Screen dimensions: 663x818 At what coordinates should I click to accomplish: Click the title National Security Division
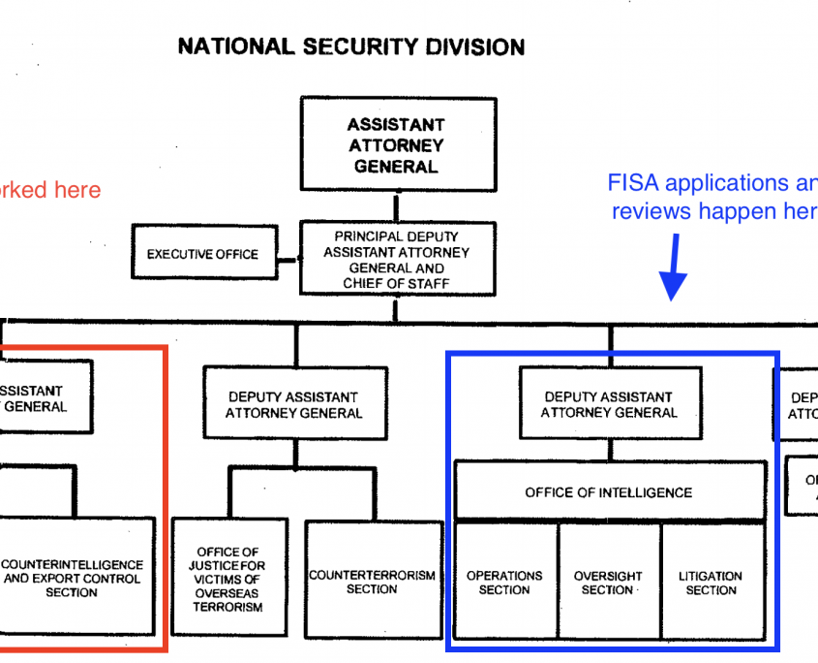click(351, 47)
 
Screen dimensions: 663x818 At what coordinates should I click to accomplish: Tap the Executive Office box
click(202, 255)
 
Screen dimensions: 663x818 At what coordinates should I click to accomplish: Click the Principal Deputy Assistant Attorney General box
click(396, 260)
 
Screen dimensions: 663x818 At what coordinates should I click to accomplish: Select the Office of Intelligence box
click(609, 492)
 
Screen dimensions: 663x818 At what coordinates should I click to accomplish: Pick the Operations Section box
click(505, 582)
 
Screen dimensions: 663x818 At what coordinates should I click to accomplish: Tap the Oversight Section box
click(609, 582)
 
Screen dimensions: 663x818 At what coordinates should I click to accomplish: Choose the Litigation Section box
click(712, 582)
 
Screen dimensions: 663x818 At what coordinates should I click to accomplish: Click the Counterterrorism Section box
click(372, 582)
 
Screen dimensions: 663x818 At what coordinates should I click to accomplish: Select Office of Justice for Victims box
click(228, 580)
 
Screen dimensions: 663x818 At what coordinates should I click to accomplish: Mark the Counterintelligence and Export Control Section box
click(73, 578)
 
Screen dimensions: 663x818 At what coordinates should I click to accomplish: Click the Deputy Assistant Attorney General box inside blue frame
click(610, 404)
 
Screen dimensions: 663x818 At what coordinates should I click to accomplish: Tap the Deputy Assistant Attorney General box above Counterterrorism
click(294, 404)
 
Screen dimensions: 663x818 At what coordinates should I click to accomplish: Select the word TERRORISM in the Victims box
click(229, 607)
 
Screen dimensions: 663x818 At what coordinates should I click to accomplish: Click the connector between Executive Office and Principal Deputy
click(288, 259)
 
